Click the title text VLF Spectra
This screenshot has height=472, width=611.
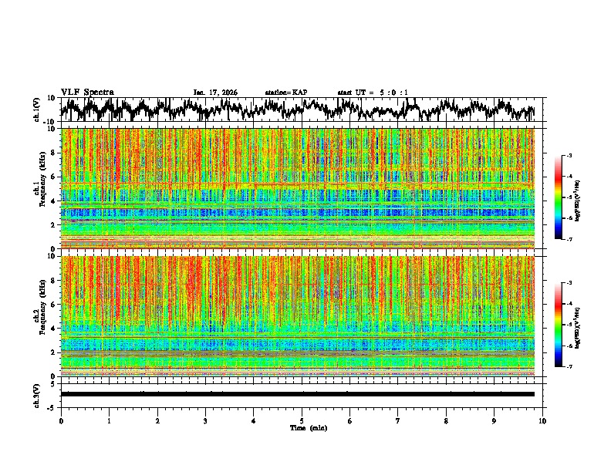87,92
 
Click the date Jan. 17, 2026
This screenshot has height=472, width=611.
215,93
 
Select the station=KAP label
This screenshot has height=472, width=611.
285,93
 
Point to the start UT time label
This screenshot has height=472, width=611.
373,93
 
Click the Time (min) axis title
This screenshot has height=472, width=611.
302,428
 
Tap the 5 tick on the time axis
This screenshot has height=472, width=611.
302,420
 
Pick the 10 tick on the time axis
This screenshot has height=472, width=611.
543,420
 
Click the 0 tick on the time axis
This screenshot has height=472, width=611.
61,420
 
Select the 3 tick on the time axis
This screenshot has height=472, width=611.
205,420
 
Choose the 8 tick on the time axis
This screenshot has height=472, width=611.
447,420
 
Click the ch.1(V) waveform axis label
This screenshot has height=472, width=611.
38,110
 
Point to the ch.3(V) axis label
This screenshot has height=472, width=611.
38,394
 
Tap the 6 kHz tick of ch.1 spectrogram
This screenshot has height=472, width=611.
55,177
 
